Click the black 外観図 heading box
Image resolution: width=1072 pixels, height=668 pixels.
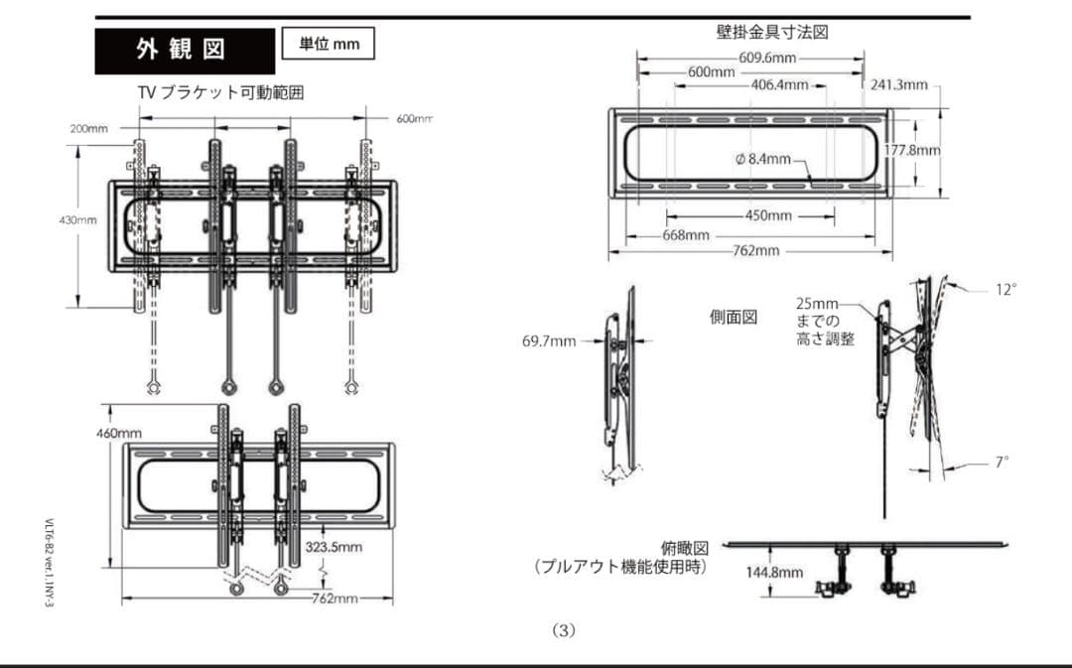pyautogui.click(x=185, y=51)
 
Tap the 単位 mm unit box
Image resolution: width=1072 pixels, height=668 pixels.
pyautogui.click(x=328, y=44)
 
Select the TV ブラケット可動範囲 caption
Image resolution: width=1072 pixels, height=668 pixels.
pyautogui.click(x=220, y=92)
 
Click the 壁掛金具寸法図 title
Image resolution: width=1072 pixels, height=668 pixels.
pyautogui.click(x=772, y=32)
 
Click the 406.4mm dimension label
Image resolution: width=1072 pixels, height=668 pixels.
pyautogui.click(x=779, y=85)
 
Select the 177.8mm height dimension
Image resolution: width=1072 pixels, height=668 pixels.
pyautogui.click(x=911, y=150)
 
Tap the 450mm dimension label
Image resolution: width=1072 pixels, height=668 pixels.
pyautogui.click(x=767, y=215)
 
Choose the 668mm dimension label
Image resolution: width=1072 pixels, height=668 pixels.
pyautogui.click(x=686, y=235)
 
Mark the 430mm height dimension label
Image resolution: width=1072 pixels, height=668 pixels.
pyautogui.click(x=76, y=219)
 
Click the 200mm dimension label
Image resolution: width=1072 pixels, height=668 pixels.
pyautogui.click(x=89, y=128)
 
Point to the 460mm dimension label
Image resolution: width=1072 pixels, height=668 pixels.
pyautogui.click(x=119, y=434)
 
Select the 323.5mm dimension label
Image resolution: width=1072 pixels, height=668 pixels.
pyautogui.click(x=334, y=547)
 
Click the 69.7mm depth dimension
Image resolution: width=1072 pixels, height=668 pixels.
pyautogui.click(x=549, y=341)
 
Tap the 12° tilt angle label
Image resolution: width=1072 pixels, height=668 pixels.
pyautogui.click(x=1005, y=290)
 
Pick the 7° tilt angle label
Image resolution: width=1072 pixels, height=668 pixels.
pyautogui.click(x=1002, y=462)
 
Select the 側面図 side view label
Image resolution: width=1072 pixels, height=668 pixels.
pyautogui.click(x=734, y=318)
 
